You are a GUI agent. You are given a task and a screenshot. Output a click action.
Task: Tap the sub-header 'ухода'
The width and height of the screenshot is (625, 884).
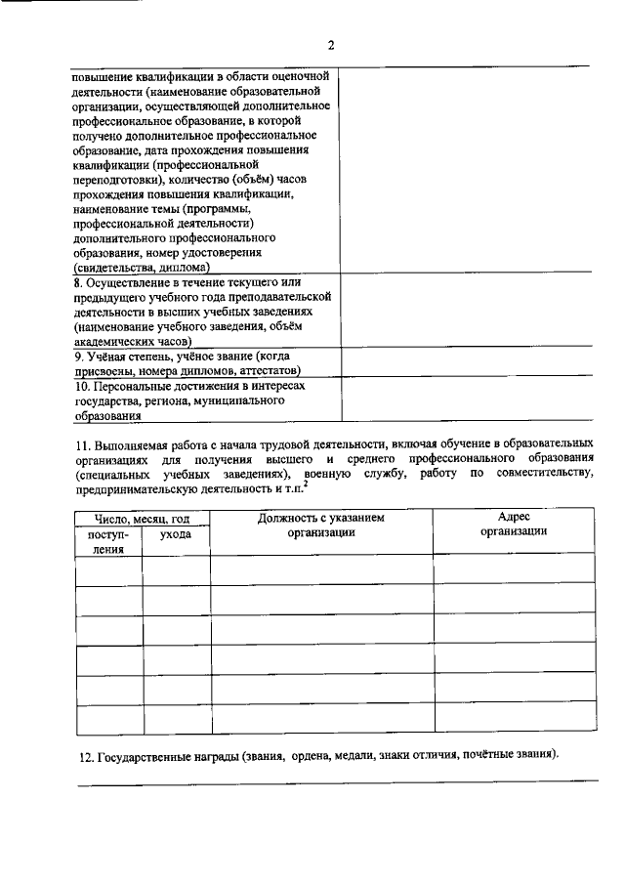[176, 534]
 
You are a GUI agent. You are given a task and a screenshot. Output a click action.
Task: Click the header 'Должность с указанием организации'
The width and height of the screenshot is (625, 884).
[321, 525]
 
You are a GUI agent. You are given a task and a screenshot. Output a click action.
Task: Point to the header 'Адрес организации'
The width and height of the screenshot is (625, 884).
[513, 525]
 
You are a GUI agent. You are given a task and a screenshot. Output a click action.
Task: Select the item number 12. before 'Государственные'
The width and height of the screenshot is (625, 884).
[86, 756]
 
